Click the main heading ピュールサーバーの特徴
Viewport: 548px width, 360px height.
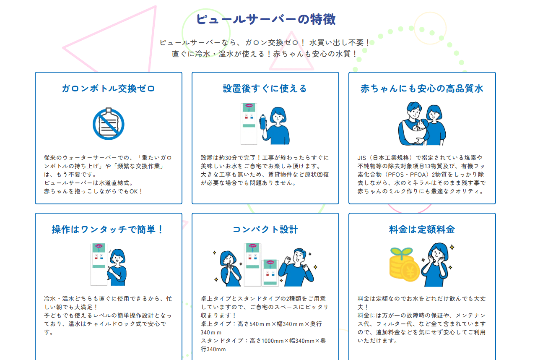point(266,19)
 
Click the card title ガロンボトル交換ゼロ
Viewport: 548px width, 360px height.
point(108,89)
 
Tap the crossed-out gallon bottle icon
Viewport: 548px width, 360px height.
point(108,124)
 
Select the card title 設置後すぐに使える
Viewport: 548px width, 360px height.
point(265,89)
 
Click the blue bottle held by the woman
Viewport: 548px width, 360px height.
point(263,122)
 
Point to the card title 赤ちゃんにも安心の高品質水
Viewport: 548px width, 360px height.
point(422,89)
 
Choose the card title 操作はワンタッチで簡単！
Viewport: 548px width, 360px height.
point(108,230)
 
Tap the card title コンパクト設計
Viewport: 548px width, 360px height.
point(265,230)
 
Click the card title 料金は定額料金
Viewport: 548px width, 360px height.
point(422,230)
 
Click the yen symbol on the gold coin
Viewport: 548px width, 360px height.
point(410,271)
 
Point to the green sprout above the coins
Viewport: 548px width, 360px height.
point(401,252)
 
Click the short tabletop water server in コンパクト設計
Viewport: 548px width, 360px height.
point(270,273)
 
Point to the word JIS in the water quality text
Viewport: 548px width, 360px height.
point(361,158)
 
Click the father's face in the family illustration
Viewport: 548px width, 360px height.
point(414,113)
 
